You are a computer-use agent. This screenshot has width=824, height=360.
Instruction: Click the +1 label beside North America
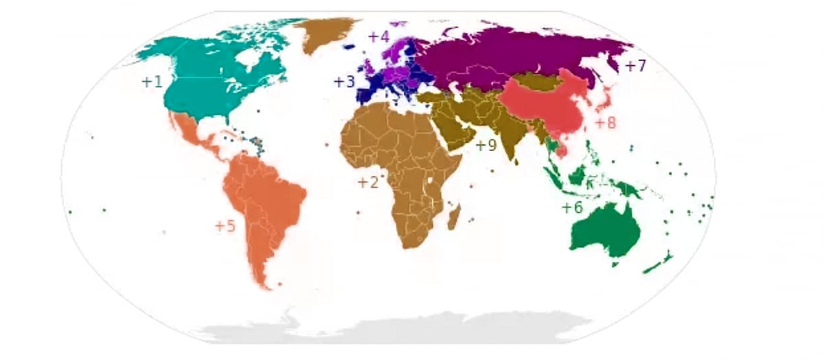pos(152,82)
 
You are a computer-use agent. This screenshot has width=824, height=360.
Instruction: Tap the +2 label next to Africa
pos(368,182)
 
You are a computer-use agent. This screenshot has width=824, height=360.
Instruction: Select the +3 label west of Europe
pos(344,82)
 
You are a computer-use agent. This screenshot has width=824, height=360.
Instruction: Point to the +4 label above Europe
pos(378,36)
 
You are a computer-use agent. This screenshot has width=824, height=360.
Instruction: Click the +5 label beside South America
pos(225,226)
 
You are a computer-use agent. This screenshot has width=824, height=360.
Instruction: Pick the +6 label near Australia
pos(572,207)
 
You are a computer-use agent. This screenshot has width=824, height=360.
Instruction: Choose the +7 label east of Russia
pos(636,66)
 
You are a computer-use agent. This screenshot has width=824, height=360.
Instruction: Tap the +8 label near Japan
pos(606,123)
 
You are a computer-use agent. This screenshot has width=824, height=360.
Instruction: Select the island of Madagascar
pos(454,219)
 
